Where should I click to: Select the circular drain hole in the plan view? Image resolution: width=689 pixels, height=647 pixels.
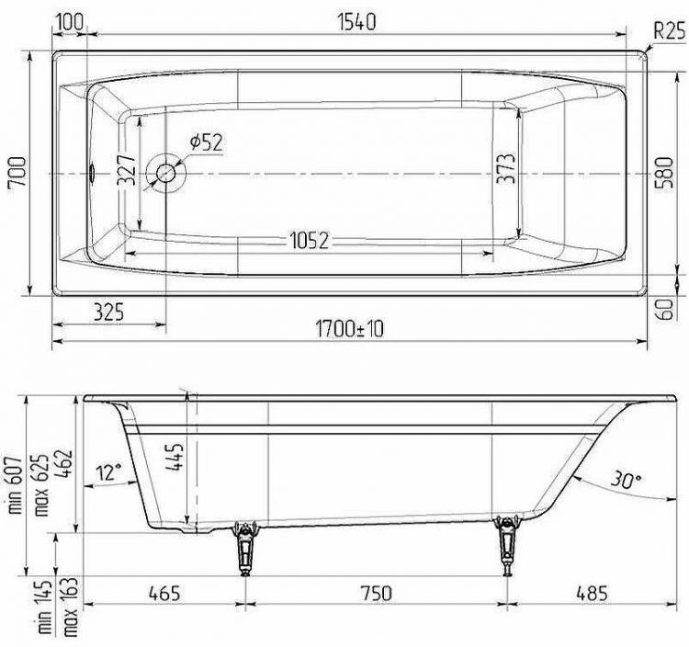(168, 173)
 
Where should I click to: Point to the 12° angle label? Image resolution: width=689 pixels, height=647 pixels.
(108, 472)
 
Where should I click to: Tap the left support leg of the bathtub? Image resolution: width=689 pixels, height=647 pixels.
(244, 548)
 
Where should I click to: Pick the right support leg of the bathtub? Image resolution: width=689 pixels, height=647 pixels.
(504, 546)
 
